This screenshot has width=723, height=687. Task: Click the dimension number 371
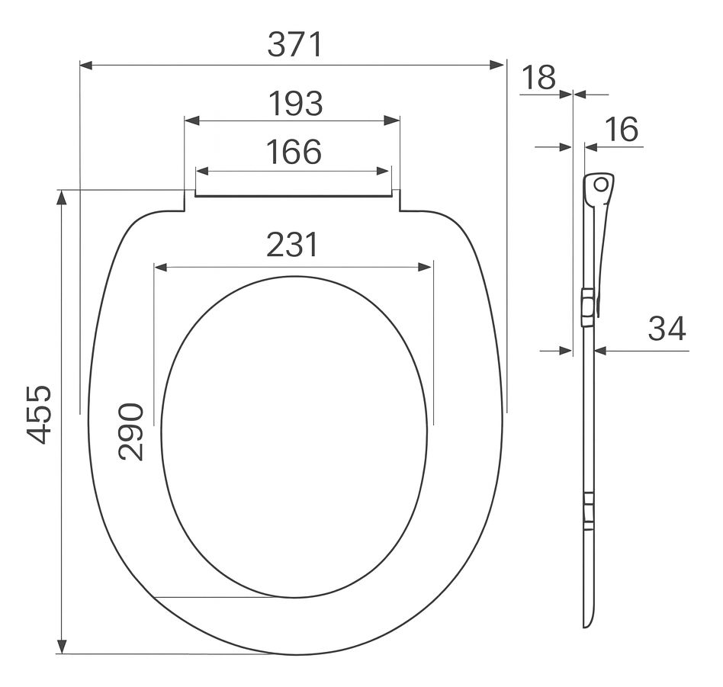295,45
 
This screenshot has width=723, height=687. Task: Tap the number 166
294,152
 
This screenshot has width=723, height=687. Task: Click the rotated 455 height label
38,415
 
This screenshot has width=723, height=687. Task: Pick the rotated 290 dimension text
131,432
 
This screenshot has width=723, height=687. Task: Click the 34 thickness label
667,329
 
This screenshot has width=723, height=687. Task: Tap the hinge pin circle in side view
600,185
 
